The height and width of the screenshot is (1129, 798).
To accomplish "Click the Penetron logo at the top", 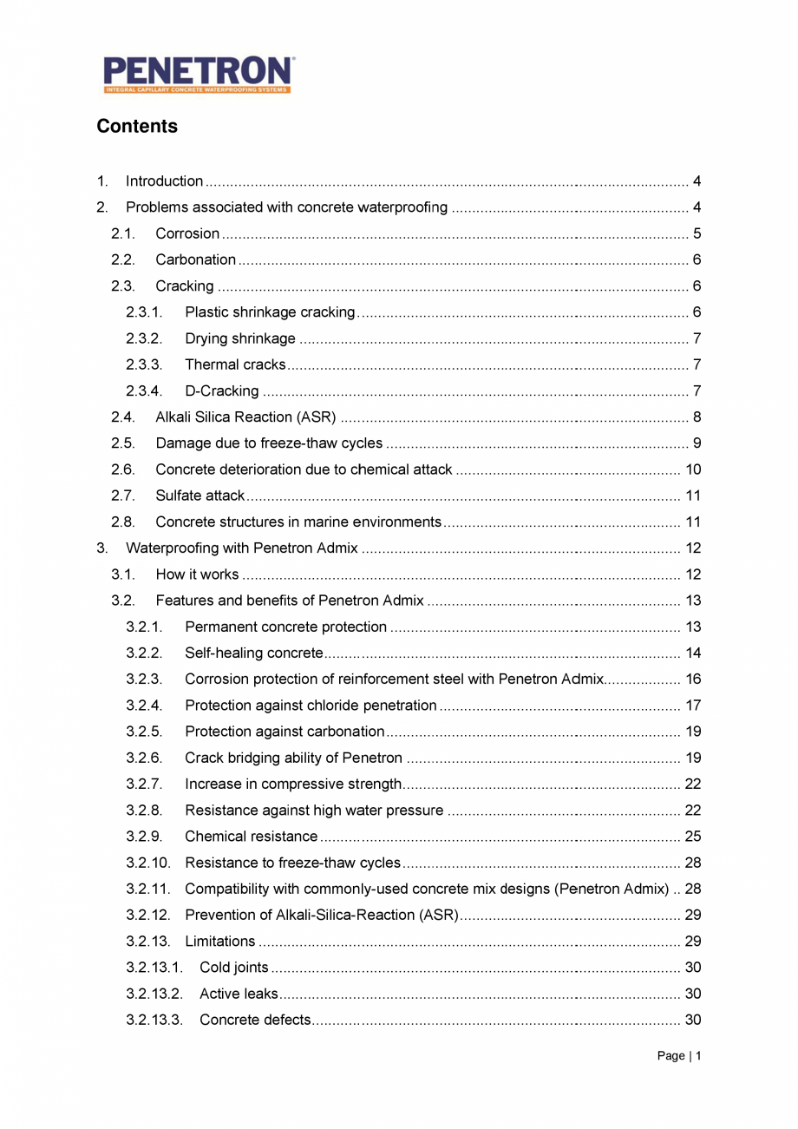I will click(199, 75).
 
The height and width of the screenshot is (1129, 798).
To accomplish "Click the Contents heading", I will click(137, 127).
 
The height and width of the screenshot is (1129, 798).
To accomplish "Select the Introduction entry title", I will click(164, 181).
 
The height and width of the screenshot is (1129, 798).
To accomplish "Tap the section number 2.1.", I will click(122, 233).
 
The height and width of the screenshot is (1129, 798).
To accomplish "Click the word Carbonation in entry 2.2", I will click(195, 259).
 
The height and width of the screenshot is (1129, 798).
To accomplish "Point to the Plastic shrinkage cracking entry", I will click(270, 312).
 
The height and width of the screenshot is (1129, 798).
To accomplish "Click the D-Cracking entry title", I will click(221, 391).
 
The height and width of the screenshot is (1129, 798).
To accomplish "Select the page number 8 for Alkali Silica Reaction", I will click(697, 417).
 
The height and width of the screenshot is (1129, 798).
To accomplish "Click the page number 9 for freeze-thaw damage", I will click(697, 443).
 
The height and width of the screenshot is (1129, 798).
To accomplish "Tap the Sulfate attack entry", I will click(200, 496).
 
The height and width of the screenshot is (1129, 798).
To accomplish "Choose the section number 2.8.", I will click(122, 522).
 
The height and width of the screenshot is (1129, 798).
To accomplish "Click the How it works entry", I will click(197, 574).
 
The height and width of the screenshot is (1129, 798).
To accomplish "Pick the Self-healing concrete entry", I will click(253, 653).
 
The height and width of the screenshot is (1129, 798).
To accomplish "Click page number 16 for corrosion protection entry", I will click(693, 679).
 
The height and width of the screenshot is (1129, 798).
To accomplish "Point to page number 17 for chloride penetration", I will click(693, 706).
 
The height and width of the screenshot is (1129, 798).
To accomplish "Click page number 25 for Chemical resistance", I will click(693, 837).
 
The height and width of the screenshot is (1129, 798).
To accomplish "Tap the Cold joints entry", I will click(233, 968).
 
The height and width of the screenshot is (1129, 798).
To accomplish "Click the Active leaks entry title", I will click(239, 994).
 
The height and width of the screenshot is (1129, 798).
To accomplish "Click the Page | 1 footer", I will click(678, 1056).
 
